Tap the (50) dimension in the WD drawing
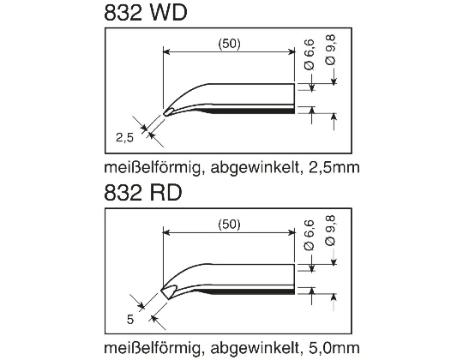pos(228,45)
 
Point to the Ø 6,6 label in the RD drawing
pos(310,234)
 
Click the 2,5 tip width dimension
pos(125,136)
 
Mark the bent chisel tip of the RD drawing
pos(167,290)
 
